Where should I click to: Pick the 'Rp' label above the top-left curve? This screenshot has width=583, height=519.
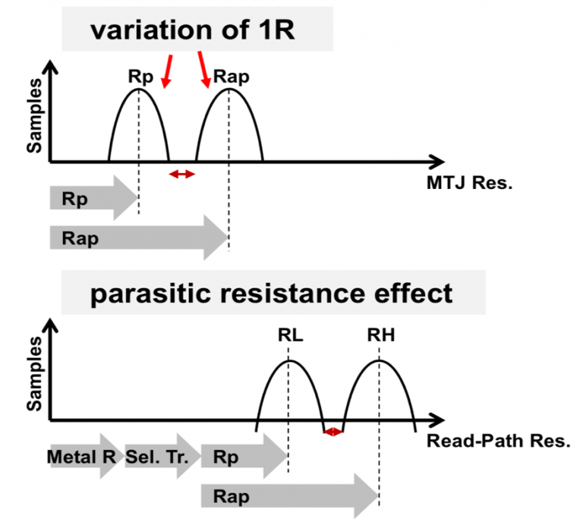[139, 77]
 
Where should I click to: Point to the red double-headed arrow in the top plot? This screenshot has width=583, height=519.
[182, 175]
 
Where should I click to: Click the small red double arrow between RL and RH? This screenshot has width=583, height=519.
[333, 432]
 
